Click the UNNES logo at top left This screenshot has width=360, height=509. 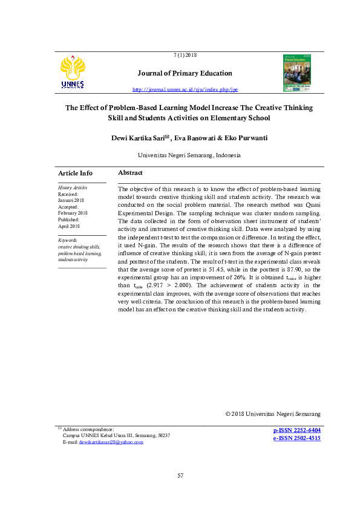(73, 72)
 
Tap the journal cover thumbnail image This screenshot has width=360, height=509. (297, 73)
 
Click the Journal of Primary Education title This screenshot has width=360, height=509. (185, 73)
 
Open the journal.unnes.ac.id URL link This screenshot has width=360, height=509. (185, 89)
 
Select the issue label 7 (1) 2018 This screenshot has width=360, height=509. (185, 55)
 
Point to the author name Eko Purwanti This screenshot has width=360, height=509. (245, 138)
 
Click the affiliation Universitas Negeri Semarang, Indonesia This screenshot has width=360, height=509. (189, 155)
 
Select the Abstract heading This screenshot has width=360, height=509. (130, 173)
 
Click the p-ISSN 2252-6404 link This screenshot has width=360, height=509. (296, 430)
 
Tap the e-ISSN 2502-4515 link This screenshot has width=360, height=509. (296, 438)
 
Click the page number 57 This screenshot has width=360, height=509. (180, 476)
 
